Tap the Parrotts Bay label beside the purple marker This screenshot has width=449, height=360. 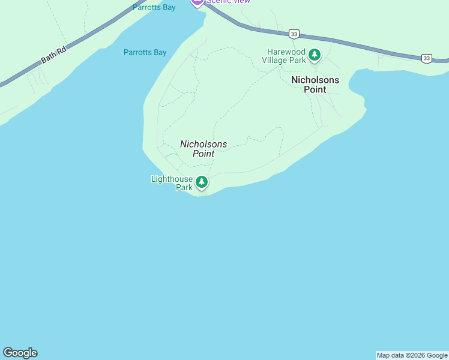coord(154,8)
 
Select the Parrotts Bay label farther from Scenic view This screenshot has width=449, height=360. coord(145,53)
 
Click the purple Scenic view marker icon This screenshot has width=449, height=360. coord(197,2)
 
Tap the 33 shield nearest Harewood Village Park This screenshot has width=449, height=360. coord(293,34)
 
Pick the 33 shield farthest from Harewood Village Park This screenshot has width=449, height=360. coord(426,58)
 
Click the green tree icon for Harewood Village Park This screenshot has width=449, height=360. coord(314,55)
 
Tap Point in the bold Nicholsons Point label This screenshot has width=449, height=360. coord(315,89)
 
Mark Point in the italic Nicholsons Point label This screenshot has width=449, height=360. coord(203,154)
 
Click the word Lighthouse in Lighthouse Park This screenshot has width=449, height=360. coord(172,179)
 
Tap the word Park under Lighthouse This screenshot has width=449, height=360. coord(184,187)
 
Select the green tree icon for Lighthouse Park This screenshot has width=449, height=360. coord(202,182)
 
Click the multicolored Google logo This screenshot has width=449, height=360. coord(20,353)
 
